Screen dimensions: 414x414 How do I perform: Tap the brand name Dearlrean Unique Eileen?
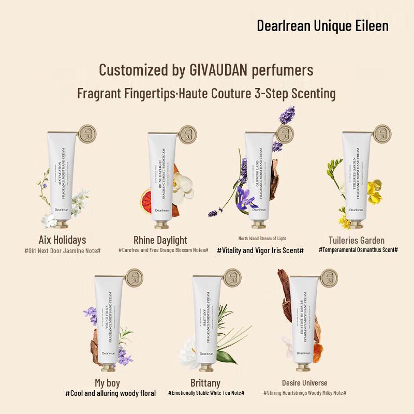322,25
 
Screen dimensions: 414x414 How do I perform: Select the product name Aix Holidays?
62,240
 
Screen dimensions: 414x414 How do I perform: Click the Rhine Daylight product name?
160,240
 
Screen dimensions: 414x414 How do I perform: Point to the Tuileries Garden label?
357,240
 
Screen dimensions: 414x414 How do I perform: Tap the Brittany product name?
205,383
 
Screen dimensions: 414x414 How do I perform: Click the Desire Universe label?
304,383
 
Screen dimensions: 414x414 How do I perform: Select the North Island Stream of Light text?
262,239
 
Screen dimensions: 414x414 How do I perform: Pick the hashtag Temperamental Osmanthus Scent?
358,249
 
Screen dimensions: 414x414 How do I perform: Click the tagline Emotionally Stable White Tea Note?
206,393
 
